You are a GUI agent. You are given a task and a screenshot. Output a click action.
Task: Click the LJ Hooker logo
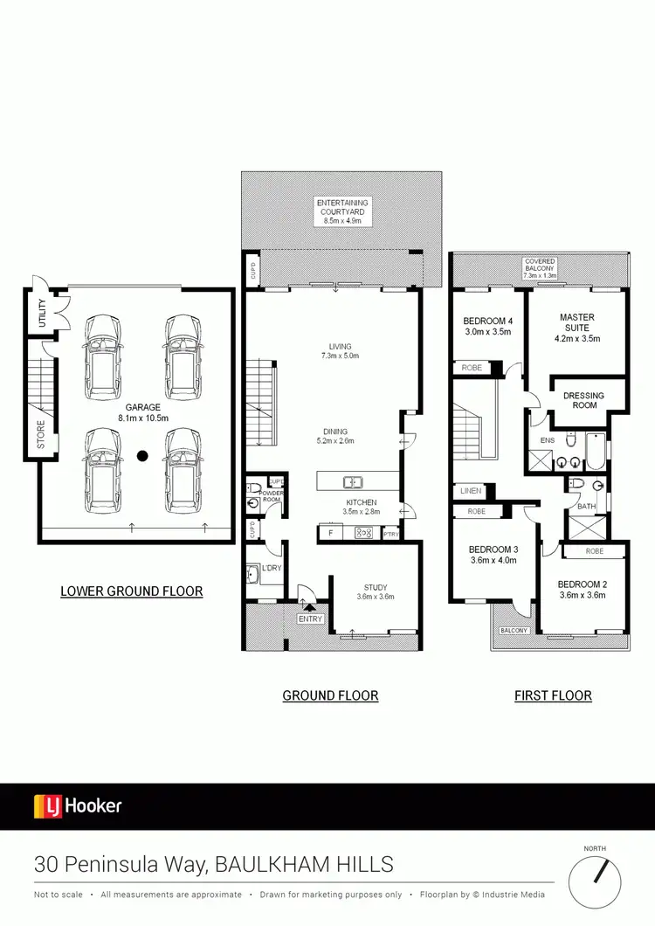[x=78, y=805]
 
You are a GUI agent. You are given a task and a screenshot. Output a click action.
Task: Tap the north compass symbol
[x=599, y=881]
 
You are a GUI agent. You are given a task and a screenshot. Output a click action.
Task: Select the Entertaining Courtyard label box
[x=341, y=211]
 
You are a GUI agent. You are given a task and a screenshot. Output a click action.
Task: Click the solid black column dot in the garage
[x=141, y=455]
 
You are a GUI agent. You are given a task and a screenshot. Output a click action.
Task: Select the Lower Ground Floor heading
[x=131, y=591]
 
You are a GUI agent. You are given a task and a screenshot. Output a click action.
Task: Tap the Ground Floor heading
[x=330, y=696]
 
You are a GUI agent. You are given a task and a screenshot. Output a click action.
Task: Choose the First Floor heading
[x=554, y=696]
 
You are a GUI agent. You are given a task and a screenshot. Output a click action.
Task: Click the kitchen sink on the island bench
[x=355, y=481]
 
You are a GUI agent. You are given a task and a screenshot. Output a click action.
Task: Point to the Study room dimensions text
[x=375, y=598]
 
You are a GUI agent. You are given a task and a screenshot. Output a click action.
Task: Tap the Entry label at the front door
[x=310, y=619]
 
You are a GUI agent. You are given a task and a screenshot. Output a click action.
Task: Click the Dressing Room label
[x=583, y=401]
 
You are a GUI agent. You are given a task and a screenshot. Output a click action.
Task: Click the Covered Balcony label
[x=539, y=266]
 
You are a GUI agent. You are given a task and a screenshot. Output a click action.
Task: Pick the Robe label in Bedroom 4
[x=472, y=369]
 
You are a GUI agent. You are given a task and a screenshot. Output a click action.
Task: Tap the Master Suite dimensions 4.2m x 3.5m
[x=577, y=338]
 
